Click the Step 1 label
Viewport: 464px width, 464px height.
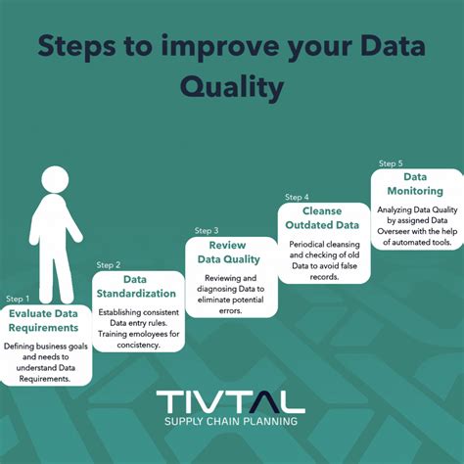point(19,299)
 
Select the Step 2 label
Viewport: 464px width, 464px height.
point(109,264)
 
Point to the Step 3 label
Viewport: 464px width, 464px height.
point(201,231)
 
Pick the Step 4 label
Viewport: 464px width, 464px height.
point(297,197)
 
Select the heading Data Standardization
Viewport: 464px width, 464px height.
point(136,287)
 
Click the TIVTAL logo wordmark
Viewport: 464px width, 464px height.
point(231,401)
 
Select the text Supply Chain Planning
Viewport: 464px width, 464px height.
point(231,423)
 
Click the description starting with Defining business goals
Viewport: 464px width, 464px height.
point(46,361)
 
